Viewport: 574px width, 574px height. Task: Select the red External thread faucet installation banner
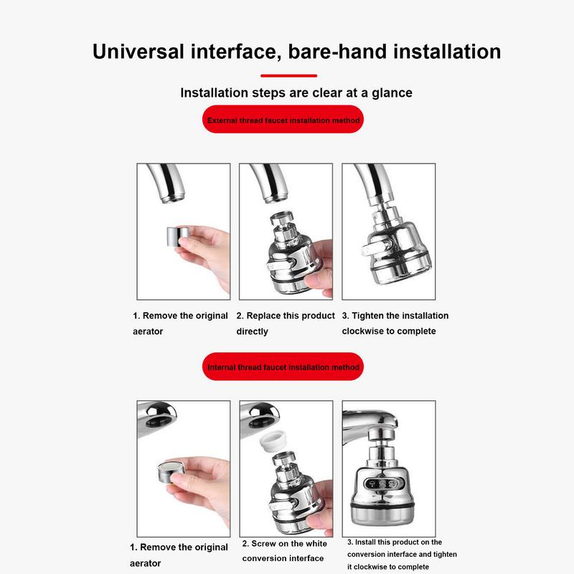pos(283,121)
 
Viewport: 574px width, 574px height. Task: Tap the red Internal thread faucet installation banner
pos(283,367)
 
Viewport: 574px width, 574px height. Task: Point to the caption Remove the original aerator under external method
pos(180,323)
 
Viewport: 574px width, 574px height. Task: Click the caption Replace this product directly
pos(285,323)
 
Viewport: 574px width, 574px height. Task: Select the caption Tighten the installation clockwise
pos(395,323)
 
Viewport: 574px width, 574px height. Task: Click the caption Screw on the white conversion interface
pos(284,551)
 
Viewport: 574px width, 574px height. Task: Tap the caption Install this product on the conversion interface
pos(402,554)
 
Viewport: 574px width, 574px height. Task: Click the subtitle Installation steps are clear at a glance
pos(296,93)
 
